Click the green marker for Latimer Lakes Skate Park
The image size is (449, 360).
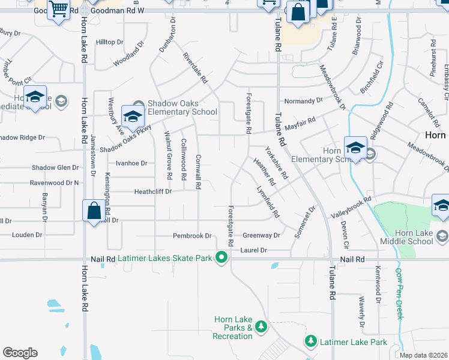(x=221, y=258)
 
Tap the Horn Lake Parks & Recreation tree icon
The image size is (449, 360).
(x=261, y=326)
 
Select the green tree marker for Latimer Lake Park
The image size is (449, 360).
(x=310, y=341)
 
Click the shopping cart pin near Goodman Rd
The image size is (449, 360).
(x=59, y=10)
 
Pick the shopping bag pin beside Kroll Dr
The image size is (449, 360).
(x=94, y=211)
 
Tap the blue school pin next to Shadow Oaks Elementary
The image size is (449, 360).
(x=133, y=115)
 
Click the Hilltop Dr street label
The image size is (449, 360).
(x=109, y=42)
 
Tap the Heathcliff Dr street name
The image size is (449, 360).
(x=152, y=191)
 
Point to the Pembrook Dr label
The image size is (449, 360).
(x=192, y=236)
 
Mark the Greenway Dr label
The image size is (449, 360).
(x=261, y=236)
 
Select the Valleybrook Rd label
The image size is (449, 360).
(x=352, y=207)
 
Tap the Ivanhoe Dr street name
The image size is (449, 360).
(x=131, y=163)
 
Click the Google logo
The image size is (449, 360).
(x=20, y=353)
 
